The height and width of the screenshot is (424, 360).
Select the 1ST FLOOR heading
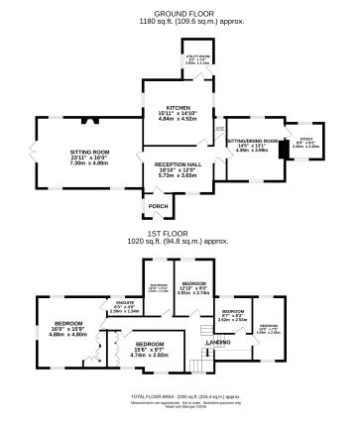(x=180, y=233)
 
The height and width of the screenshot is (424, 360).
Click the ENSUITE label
(x=124, y=302)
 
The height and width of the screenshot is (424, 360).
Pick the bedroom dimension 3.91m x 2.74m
(x=193, y=293)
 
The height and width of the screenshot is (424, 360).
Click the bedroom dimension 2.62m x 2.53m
(x=232, y=319)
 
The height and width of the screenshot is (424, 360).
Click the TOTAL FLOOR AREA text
(x=180, y=396)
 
